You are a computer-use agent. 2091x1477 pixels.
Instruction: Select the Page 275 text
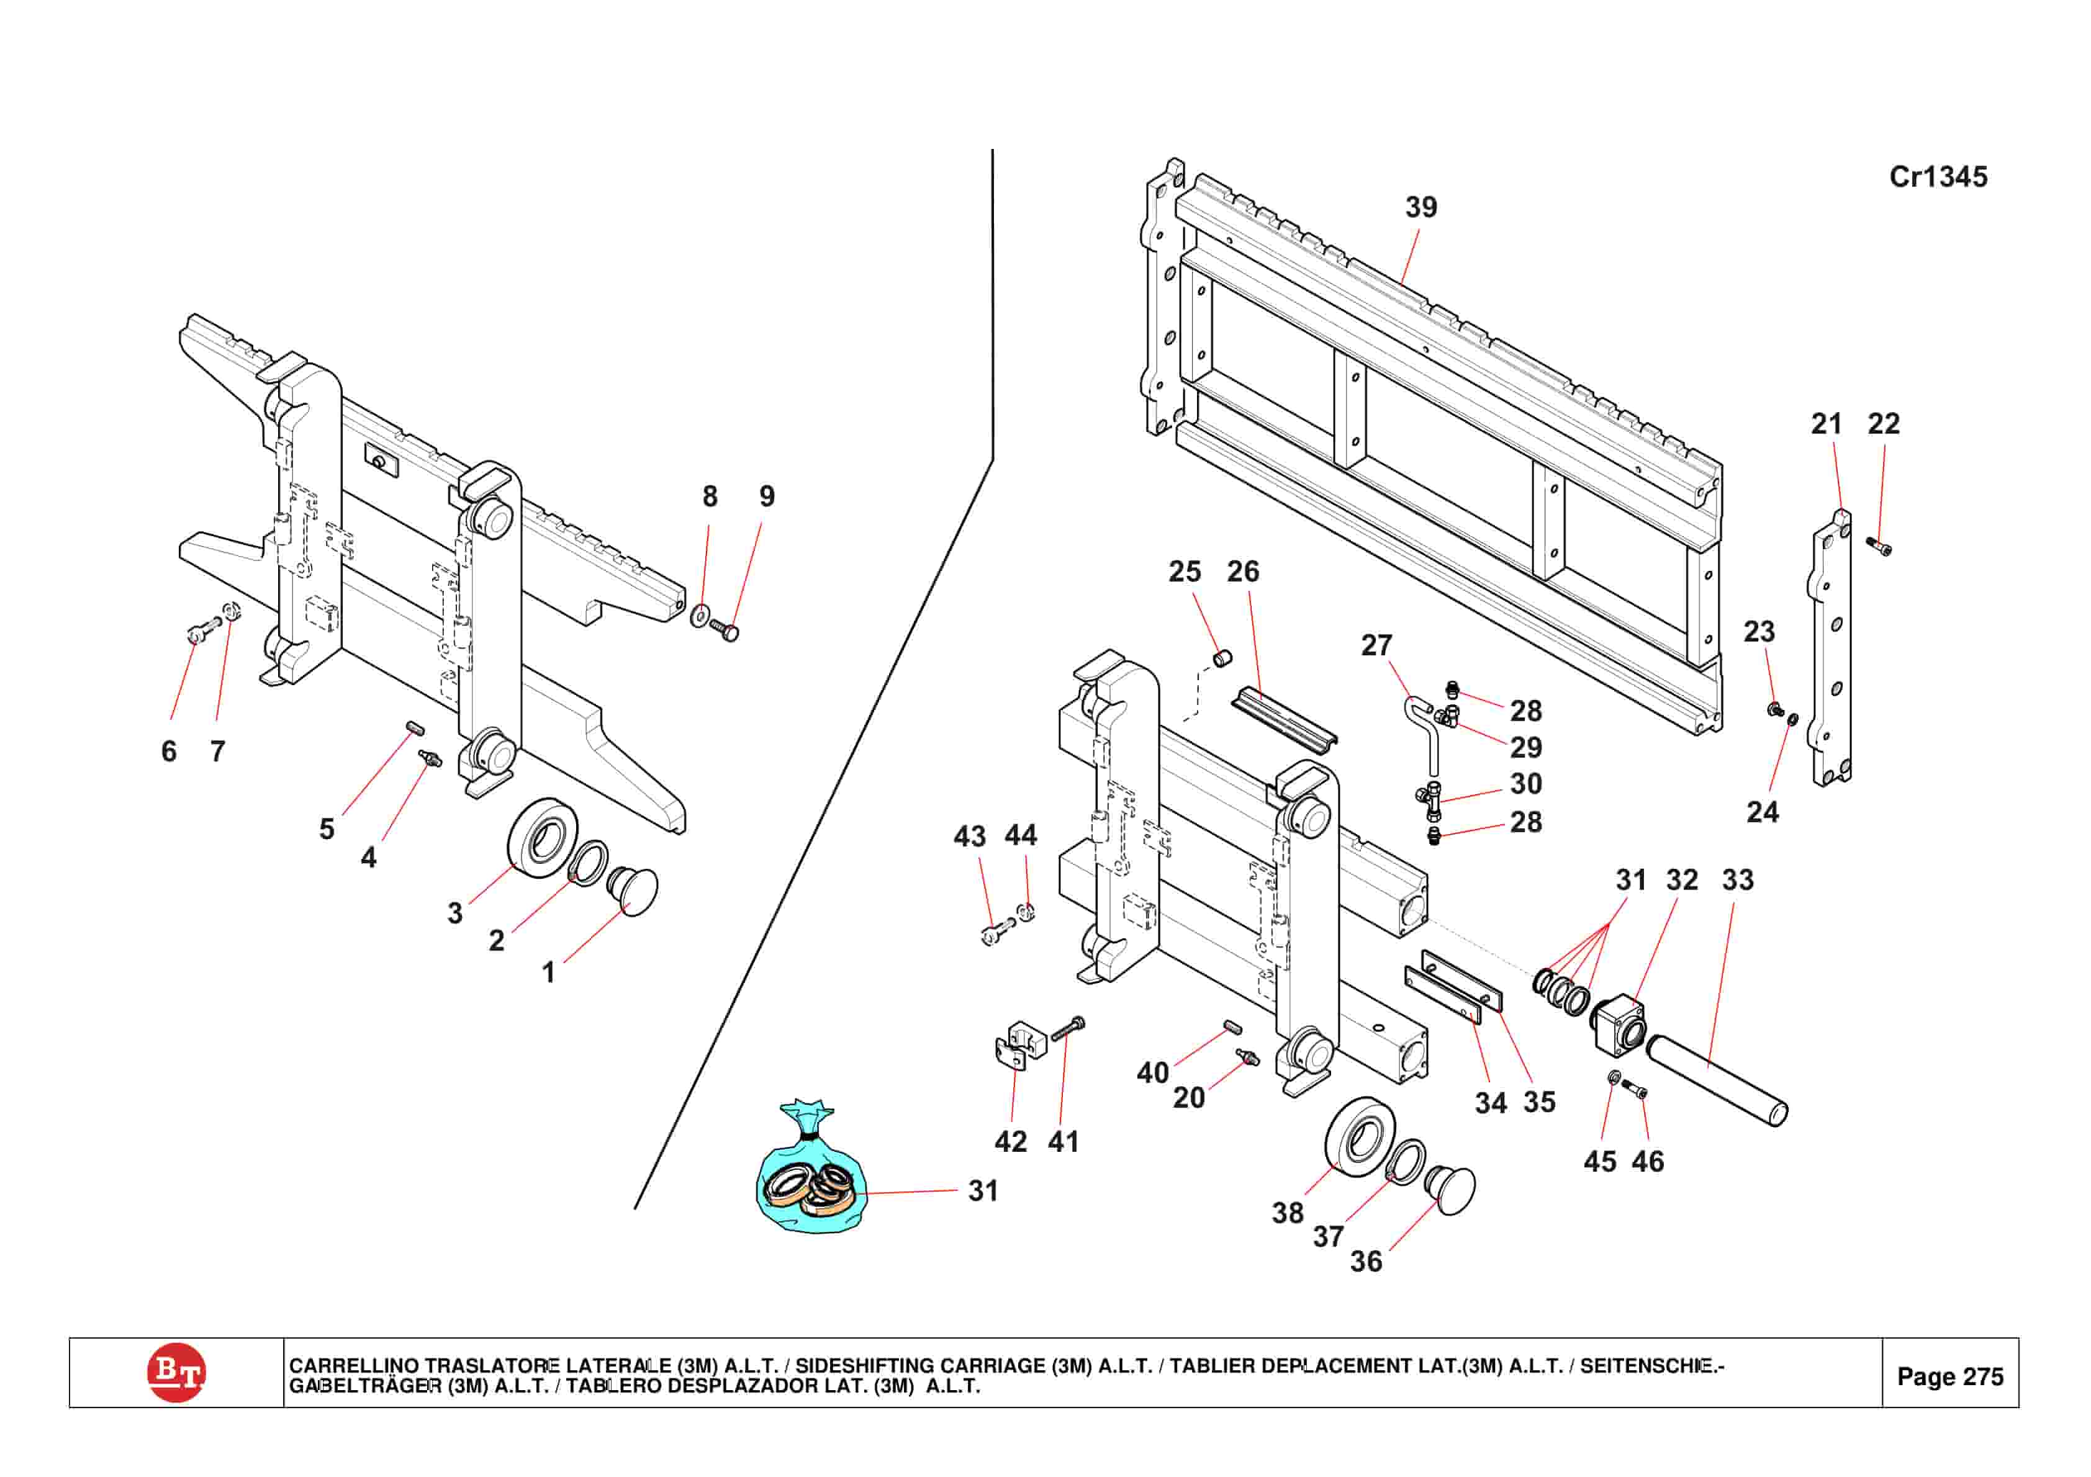point(1950,1376)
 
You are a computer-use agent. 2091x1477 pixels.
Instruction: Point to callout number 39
point(1420,208)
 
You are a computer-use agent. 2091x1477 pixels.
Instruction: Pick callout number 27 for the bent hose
point(1375,645)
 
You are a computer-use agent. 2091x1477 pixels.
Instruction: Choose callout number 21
point(1825,424)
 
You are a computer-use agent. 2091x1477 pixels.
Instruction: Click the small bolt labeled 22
point(1879,545)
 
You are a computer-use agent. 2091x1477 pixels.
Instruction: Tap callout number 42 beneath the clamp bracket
point(1010,1142)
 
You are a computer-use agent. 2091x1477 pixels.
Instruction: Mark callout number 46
point(1646,1162)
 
